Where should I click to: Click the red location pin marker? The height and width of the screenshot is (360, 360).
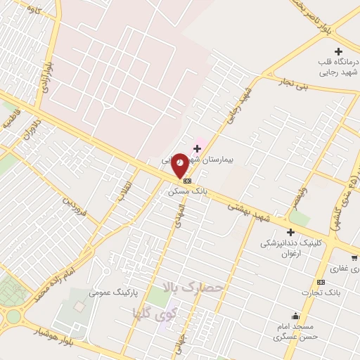pyautogui.click(x=180, y=165)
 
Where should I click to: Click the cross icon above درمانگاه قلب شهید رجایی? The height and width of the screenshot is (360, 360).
pyautogui.click(x=339, y=51)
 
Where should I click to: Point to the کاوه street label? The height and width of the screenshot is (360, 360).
pyautogui.click(x=31, y=10)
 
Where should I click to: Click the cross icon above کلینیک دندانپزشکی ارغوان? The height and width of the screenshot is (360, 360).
pyautogui.click(x=290, y=232)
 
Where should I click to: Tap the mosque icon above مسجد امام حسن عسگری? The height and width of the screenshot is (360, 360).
pyautogui.click(x=295, y=316)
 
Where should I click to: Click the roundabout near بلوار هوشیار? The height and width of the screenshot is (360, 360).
pyautogui.click(x=12, y=316)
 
